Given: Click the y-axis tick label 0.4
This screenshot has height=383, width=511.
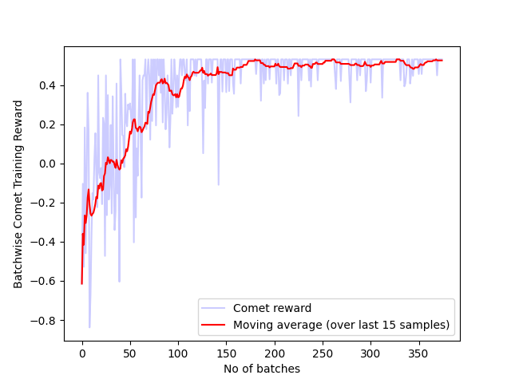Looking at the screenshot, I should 47,85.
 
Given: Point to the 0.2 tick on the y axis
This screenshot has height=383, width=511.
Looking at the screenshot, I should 47,124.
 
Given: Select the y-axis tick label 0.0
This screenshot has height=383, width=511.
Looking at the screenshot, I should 47,164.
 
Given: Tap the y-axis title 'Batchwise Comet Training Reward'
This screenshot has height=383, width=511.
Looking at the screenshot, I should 18,194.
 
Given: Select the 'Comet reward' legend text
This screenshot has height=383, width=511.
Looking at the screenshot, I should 267,308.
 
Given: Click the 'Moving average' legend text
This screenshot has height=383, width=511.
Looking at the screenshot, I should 341,325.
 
